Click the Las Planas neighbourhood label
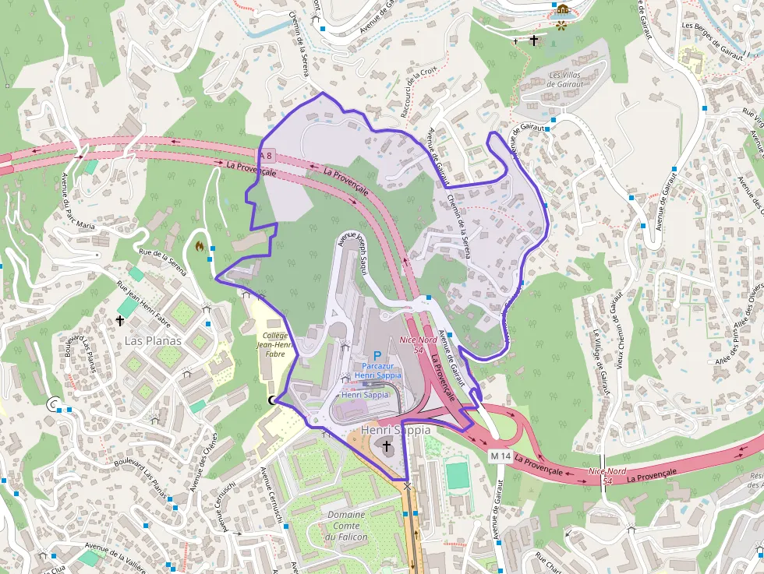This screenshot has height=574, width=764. (153, 341)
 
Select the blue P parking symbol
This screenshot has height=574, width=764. (377, 356)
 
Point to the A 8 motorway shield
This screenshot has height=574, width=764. (266, 156)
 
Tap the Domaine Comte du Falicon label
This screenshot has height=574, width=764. (347, 526)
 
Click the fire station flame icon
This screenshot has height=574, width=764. (200, 247)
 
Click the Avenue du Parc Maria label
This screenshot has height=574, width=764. (78, 200)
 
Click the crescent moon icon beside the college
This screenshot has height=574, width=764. (272, 400)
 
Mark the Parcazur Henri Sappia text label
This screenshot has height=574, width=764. (377, 371)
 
